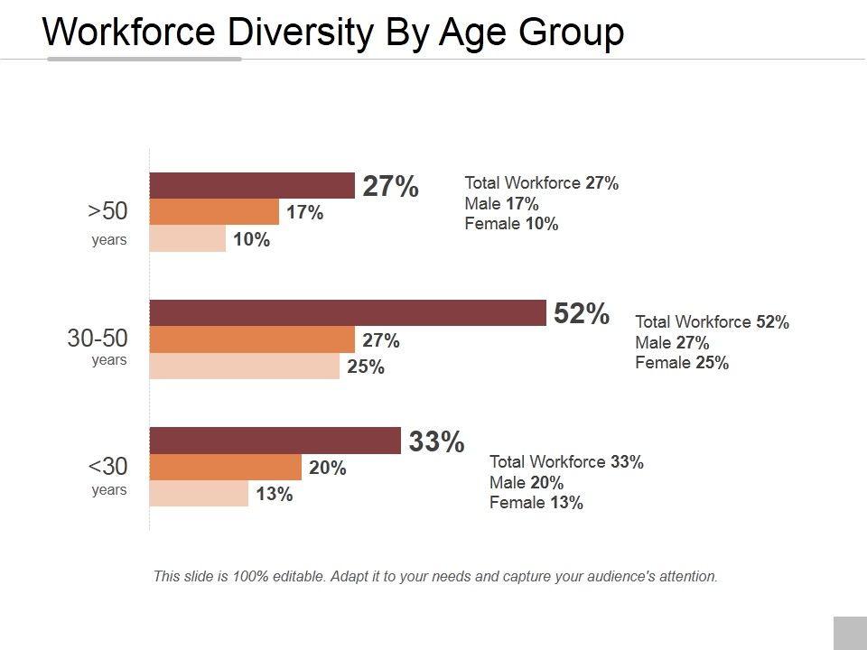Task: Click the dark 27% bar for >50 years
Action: (252, 185)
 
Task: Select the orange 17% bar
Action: (214, 212)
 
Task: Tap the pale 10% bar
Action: (187, 238)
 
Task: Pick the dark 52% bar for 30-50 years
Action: (348, 312)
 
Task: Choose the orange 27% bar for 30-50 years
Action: (252, 340)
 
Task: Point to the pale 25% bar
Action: (244, 367)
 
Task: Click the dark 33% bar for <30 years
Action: (275, 441)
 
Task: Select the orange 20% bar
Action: (225, 468)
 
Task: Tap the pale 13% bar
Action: (199, 494)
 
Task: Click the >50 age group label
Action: (108, 210)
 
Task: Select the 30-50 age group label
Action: (98, 339)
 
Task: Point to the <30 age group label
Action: (108, 467)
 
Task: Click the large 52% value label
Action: (582, 313)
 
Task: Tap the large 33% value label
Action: (436, 441)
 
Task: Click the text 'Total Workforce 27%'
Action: (541, 183)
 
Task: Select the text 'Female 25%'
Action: (682, 363)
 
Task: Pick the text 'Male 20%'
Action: (527, 482)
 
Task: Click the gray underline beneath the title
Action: (144, 60)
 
